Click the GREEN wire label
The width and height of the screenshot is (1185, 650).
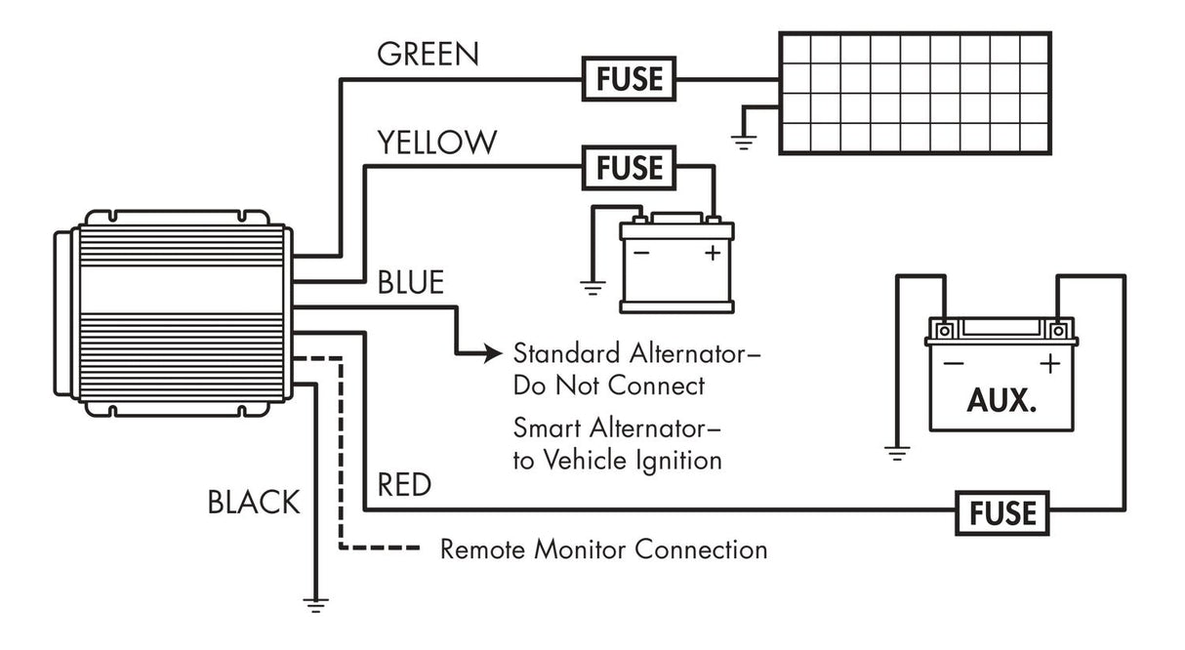[x=428, y=54]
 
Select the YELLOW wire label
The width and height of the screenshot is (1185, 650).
[x=436, y=142]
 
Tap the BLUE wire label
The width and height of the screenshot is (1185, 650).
[x=411, y=283]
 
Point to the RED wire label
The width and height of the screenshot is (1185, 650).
[x=403, y=485]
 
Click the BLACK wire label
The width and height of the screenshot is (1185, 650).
[x=253, y=503]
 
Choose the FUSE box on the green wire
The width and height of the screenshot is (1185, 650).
[x=630, y=77]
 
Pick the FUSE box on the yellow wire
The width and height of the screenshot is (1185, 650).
[x=630, y=168]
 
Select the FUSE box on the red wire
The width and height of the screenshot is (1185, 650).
[x=1002, y=511]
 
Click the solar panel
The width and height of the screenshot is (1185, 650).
[x=915, y=92]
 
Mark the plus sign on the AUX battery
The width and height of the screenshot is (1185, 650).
[x=1049, y=365]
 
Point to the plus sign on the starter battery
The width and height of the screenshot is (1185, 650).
[x=712, y=253]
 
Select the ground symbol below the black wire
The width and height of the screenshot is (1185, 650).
[x=315, y=604]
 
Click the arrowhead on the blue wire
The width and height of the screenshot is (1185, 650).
[x=494, y=353]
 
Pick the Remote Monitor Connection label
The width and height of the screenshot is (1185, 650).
[x=603, y=549]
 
